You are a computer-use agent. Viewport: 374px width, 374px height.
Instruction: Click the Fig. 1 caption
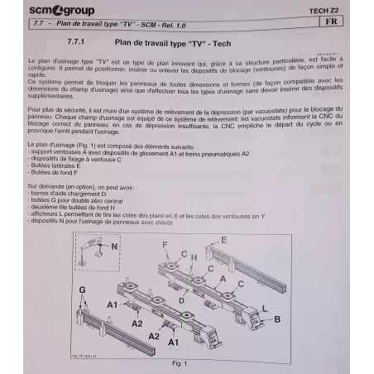click(x=177, y=363)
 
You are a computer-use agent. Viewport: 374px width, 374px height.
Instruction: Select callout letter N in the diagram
click(x=115, y=246)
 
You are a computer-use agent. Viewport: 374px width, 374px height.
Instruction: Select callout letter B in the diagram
click(x=300, y=318)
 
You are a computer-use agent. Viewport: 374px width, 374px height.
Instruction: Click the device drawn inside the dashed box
click(x=93, y=249)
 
